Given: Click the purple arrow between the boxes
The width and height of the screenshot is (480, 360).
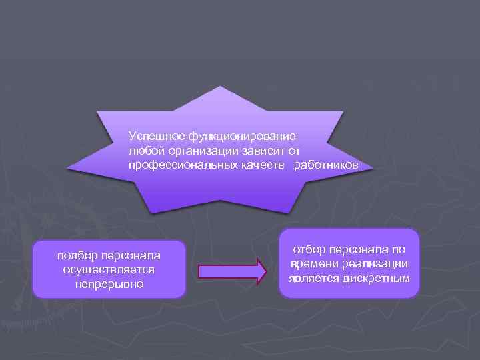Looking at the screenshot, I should click(233, 270).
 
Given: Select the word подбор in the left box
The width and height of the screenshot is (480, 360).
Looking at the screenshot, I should click(75, 256).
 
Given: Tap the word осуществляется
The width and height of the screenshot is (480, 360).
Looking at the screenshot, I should click(109, 270).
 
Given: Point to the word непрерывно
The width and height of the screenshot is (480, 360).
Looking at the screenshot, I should click(109, 285).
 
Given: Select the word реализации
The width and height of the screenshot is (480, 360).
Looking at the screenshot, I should click(375, 264).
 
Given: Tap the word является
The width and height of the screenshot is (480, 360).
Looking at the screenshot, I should click(313, 278).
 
